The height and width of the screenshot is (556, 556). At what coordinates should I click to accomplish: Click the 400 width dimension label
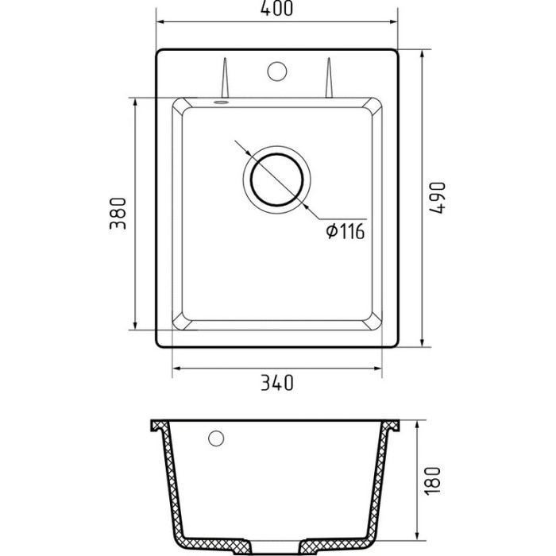(x=276, y=9)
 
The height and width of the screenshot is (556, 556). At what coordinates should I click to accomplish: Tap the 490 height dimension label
(x=437, y=198)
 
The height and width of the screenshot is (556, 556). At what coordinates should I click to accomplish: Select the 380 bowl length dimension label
(x=118, y=214)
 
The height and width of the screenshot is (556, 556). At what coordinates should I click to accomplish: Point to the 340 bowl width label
(x=277, y=383)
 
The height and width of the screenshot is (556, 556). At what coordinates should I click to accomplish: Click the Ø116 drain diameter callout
(x=346, y=232)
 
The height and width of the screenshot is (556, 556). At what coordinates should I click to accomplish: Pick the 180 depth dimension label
(x=432, y=481)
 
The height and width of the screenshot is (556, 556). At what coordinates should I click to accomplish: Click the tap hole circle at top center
(x=277, y=71)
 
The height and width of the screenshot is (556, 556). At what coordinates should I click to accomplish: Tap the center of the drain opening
(x=277, y=180)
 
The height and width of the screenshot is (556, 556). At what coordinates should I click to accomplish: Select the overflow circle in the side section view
(x=216, y=438)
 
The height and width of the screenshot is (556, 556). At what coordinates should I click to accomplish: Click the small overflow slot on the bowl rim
(x=221, y=102)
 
